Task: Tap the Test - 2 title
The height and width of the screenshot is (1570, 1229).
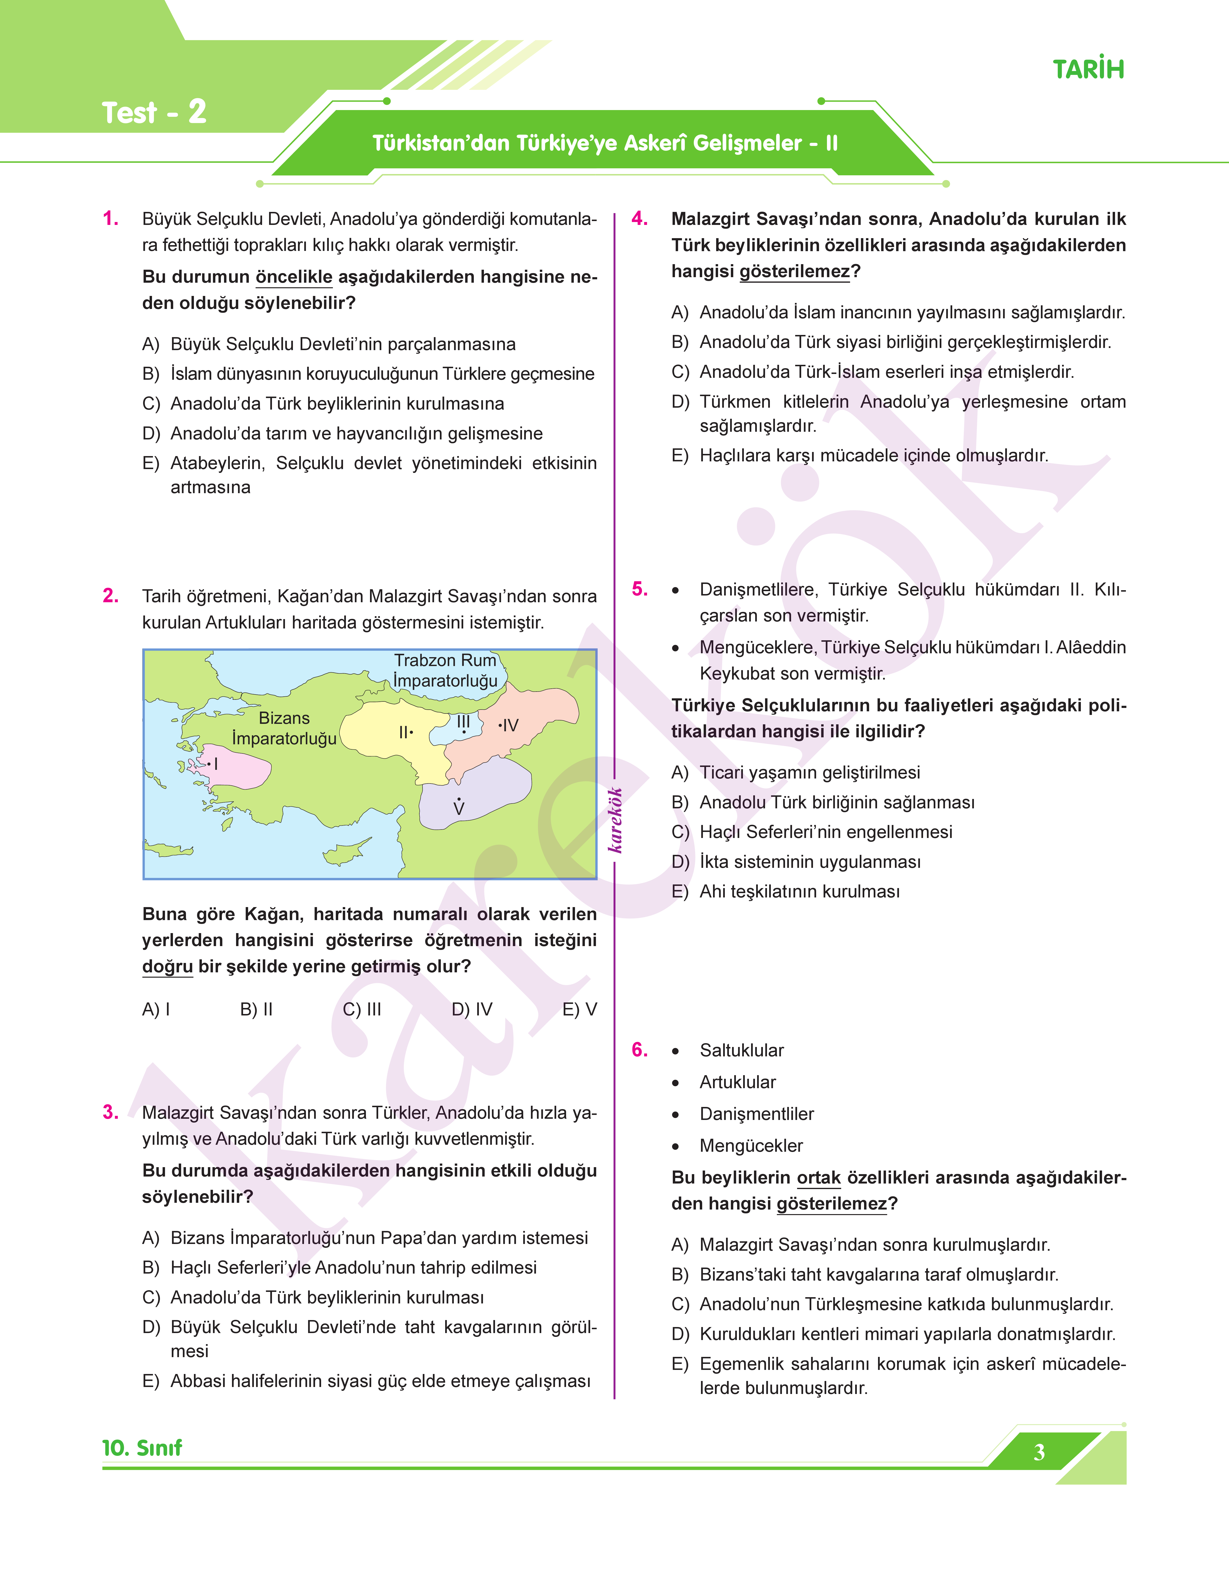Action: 154,113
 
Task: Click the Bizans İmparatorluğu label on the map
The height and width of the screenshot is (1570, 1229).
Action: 284,728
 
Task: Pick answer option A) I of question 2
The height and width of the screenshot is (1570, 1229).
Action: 156,1009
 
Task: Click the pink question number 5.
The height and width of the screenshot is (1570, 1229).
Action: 640,589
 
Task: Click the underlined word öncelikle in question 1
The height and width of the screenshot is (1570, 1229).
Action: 294,277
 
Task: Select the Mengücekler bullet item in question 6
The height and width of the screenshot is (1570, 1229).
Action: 751,1146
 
